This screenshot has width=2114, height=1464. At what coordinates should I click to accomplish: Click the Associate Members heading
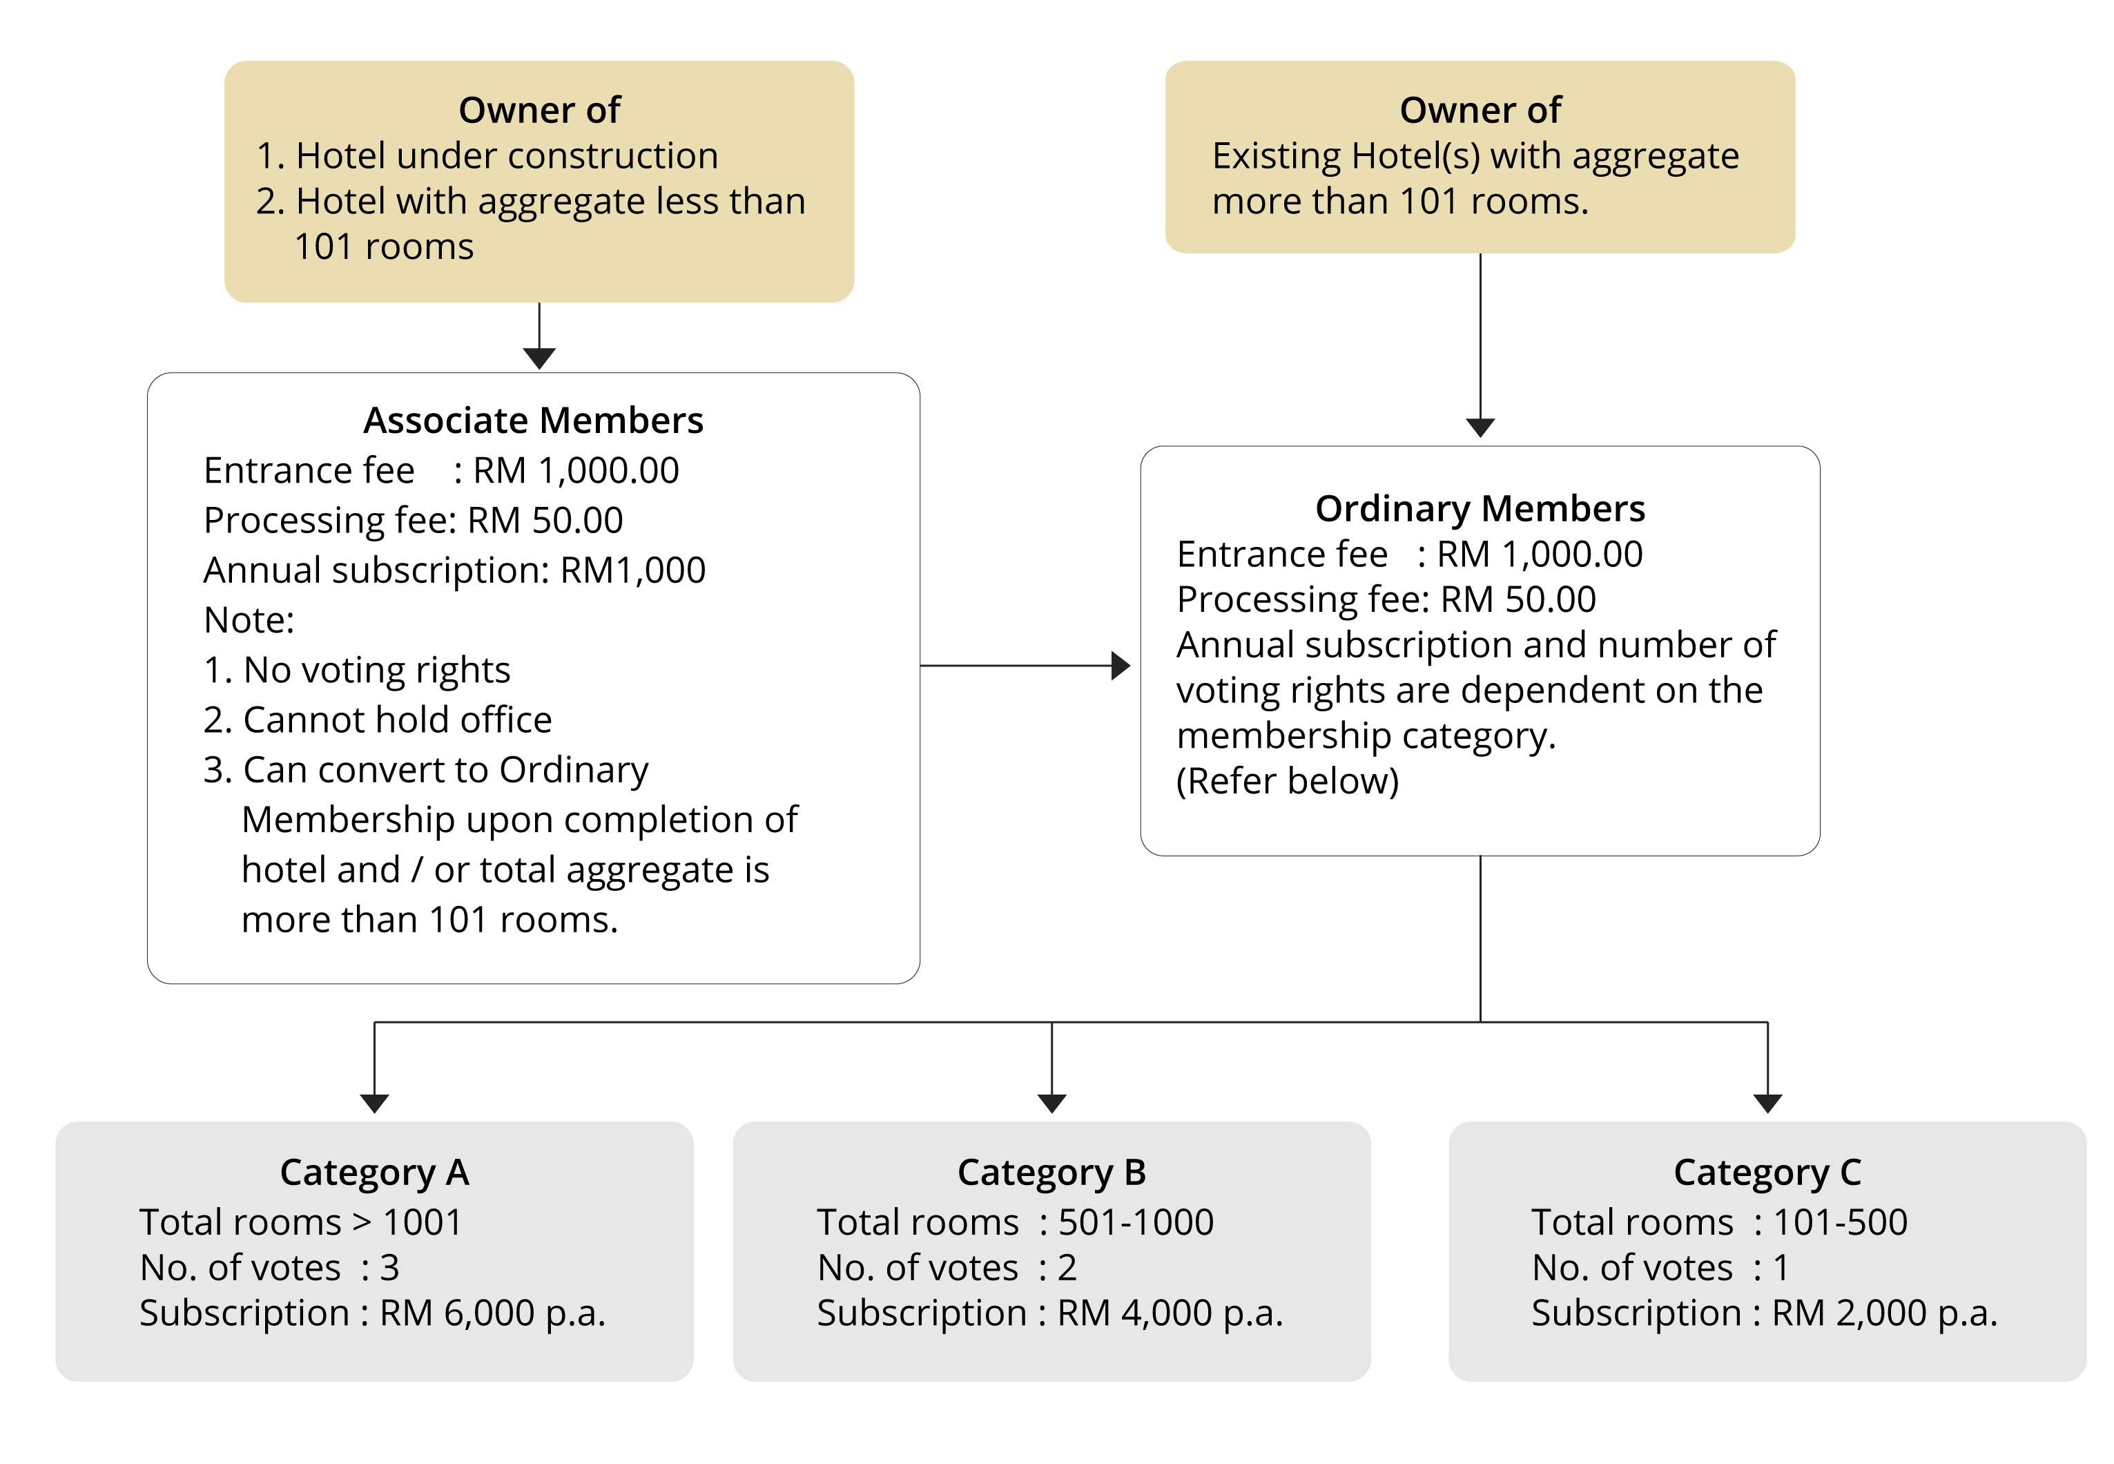[x=533, y=420]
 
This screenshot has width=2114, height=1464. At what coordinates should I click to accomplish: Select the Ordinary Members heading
[x=1480, y=509]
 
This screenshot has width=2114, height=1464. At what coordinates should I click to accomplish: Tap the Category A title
[x=374, y=1173]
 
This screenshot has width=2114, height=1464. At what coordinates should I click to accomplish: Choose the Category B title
[x=1051, y=1173]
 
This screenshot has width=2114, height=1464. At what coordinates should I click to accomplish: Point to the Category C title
[x=1767, y=1173]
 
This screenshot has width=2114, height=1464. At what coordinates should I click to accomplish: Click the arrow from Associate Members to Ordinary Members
[x=1025, y=666]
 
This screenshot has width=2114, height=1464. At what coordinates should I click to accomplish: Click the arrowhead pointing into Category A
[x=374, y=1104]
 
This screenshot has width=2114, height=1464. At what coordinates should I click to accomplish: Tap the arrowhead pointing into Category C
[x=1767, y=1104]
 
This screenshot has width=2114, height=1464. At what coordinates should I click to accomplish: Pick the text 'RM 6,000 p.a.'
[x=492, y=1313]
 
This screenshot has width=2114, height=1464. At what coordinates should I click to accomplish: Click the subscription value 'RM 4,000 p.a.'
[x=1170, y=1313]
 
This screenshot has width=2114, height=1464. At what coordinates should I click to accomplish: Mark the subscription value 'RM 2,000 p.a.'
[x=1884, y=1313]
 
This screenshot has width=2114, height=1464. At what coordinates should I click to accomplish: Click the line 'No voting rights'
[x=357, y=671]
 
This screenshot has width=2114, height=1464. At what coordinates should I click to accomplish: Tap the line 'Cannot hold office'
[x=378, y=720]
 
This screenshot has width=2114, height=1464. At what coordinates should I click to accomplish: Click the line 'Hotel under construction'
[x=487, y=157]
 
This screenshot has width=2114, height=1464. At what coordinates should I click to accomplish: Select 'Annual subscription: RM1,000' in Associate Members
[x=454, y=570]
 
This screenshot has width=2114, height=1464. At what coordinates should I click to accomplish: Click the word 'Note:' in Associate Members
[x=249, y=621]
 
